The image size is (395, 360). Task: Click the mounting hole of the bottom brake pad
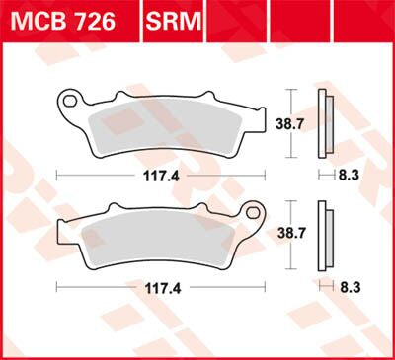coord(251,211)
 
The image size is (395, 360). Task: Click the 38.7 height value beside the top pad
coord(289,125)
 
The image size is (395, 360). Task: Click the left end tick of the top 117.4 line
coord(57,175)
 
